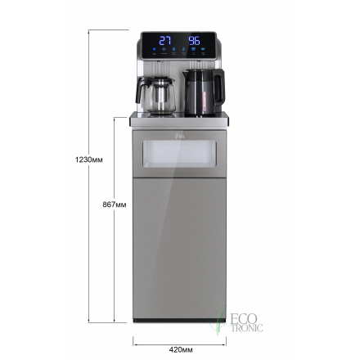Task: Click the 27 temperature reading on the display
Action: (165, 40)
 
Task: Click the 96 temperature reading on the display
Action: (195, 40)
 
